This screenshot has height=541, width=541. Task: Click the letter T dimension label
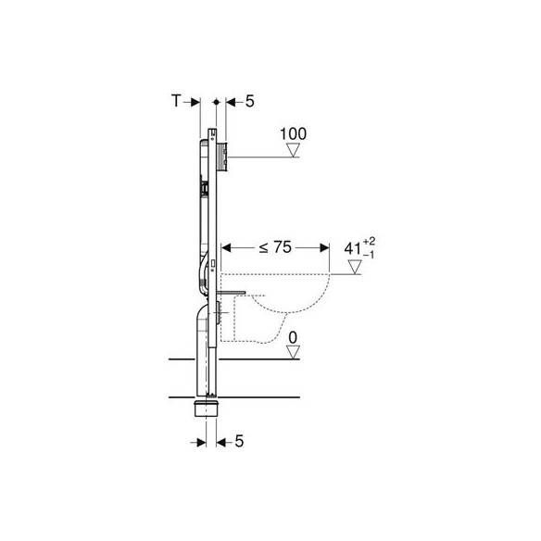pyautogui.click(x=176, y=101)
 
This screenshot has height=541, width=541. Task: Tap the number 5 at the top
pyautogui.click(x=250, y=101)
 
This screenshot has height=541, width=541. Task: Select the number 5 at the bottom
pyautogui.click(x=239, y=441)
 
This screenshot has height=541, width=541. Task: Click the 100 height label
pyautogui.click(x=293, y=134)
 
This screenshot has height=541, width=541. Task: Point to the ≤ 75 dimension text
pyautogui.click(x=275, y=247)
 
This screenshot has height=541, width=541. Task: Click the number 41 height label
pyautogui.click(x=353, y=248)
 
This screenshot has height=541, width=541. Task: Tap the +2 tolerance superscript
pyautogui.click(x=369, y=241)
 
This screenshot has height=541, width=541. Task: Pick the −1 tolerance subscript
pyautogui.click(x=369, y=255)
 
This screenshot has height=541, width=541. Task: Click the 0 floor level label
pyautogui.click(x=293, y=338)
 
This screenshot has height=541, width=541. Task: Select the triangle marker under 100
pyautogui.click(x=294, y=150)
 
